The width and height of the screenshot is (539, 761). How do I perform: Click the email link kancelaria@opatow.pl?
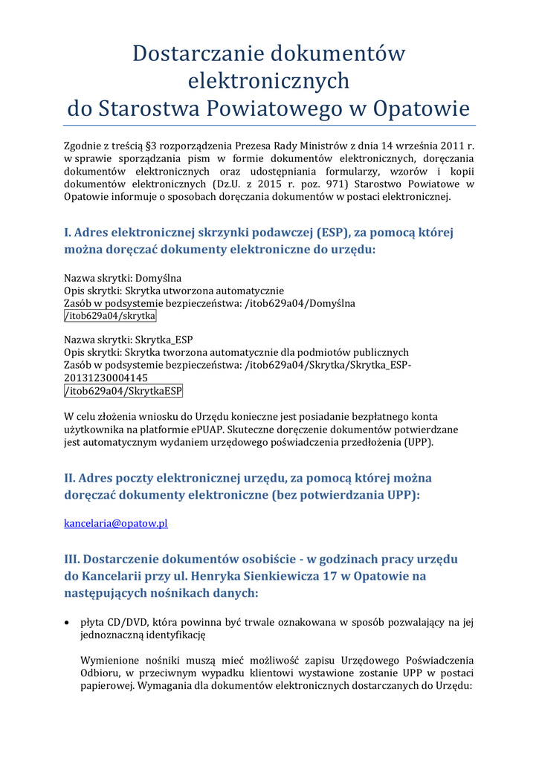tap(116, 523)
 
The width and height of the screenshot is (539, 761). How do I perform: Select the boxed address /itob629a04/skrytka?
tap(110, 317)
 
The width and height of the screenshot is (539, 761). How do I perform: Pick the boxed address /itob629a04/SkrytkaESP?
tap(123, 391)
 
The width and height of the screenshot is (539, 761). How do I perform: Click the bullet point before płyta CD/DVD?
tap(68, 623)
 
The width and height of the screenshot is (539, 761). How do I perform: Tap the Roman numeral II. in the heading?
tap(70, 477)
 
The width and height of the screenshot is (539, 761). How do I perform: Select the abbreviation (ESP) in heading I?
tap(317, 232)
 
